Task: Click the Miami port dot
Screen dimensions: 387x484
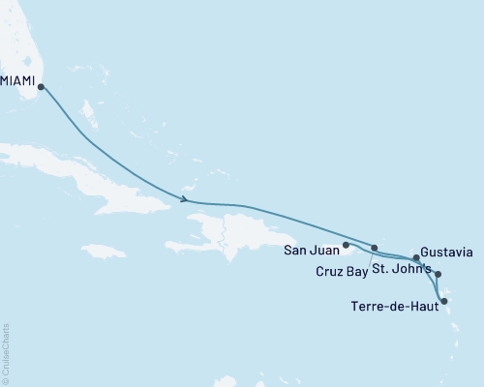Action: [x=41, y=86]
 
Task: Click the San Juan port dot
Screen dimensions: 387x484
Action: [x=346, y=246]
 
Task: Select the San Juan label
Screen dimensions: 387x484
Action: [x=311, y=251]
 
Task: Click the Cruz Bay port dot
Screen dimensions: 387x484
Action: [x=375, y=249]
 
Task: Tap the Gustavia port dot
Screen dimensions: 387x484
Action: [x=416, y=258]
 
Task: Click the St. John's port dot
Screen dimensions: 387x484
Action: [x=438, y=275]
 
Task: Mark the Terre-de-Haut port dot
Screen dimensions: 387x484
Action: [x=444, y=302]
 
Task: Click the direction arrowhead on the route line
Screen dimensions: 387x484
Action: [x=183, y=200]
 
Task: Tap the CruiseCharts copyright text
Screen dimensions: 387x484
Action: [x=6, y=353]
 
